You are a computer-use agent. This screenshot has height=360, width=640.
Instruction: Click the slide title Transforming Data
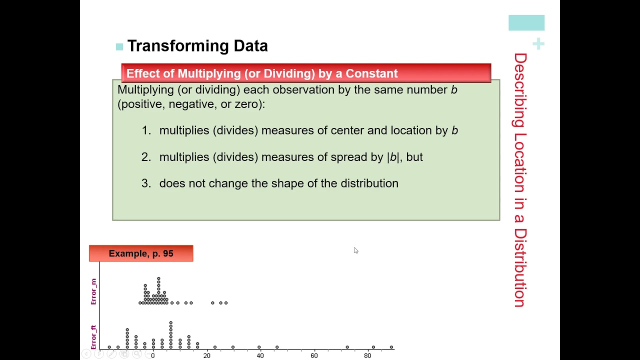197,46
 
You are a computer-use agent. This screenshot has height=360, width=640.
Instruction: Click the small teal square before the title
119,47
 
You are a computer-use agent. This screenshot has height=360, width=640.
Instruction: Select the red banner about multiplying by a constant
306,73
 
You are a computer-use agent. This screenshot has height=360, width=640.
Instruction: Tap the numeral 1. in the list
146,130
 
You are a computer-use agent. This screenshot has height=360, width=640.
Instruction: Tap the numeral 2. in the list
146,157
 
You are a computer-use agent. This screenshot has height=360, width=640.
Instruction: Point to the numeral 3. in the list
146,183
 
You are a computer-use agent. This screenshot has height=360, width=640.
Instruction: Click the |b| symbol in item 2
393,157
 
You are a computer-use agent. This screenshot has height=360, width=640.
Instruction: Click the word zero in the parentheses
247,104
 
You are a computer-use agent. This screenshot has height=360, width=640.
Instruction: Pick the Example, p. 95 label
141,253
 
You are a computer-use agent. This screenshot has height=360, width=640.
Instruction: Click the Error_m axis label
93,291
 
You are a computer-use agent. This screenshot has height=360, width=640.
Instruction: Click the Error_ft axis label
93,337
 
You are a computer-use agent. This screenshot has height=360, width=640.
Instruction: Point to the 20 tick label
206,355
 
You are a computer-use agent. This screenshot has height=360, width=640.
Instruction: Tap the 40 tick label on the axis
260,355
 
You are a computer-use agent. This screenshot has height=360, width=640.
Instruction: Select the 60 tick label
314,355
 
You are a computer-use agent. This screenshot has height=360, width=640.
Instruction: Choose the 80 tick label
367,355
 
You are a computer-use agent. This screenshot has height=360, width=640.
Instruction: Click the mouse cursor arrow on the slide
355,250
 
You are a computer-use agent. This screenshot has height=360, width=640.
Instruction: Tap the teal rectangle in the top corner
526,23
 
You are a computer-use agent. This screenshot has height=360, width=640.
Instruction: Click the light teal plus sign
538,44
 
